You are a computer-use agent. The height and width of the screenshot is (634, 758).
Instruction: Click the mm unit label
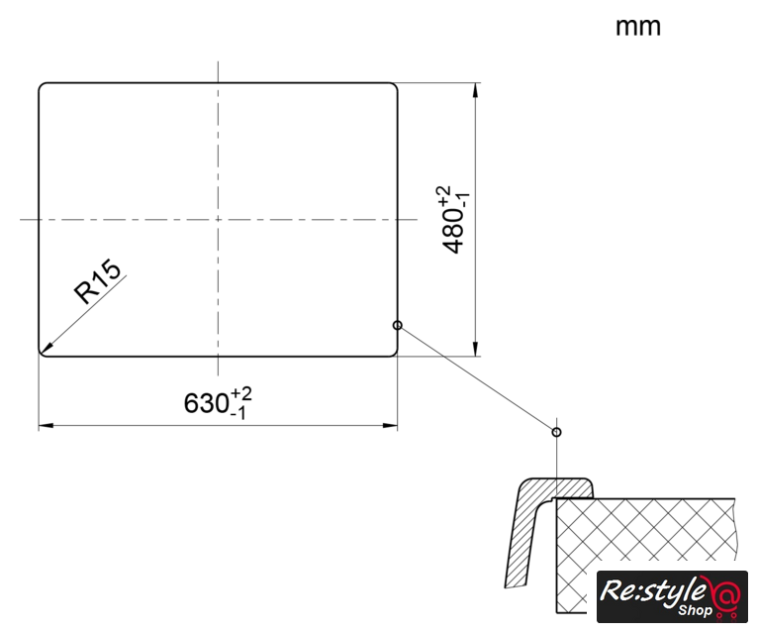point(637,28)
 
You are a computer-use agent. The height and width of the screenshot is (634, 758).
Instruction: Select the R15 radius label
point(98,281)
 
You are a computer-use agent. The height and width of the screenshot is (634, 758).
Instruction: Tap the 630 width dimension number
point(207,402)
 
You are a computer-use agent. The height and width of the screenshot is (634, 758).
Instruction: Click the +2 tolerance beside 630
point(241,393)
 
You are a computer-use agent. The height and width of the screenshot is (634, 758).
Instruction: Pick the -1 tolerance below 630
point(238,413)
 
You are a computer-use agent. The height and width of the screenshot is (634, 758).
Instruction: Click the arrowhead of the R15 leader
point(47,348)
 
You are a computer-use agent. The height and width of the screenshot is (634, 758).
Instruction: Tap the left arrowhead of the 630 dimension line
point(46,426)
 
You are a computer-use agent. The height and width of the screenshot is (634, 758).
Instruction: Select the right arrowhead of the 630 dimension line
point(390,426)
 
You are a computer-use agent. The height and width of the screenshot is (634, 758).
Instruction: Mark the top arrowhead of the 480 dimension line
point(476,90)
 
